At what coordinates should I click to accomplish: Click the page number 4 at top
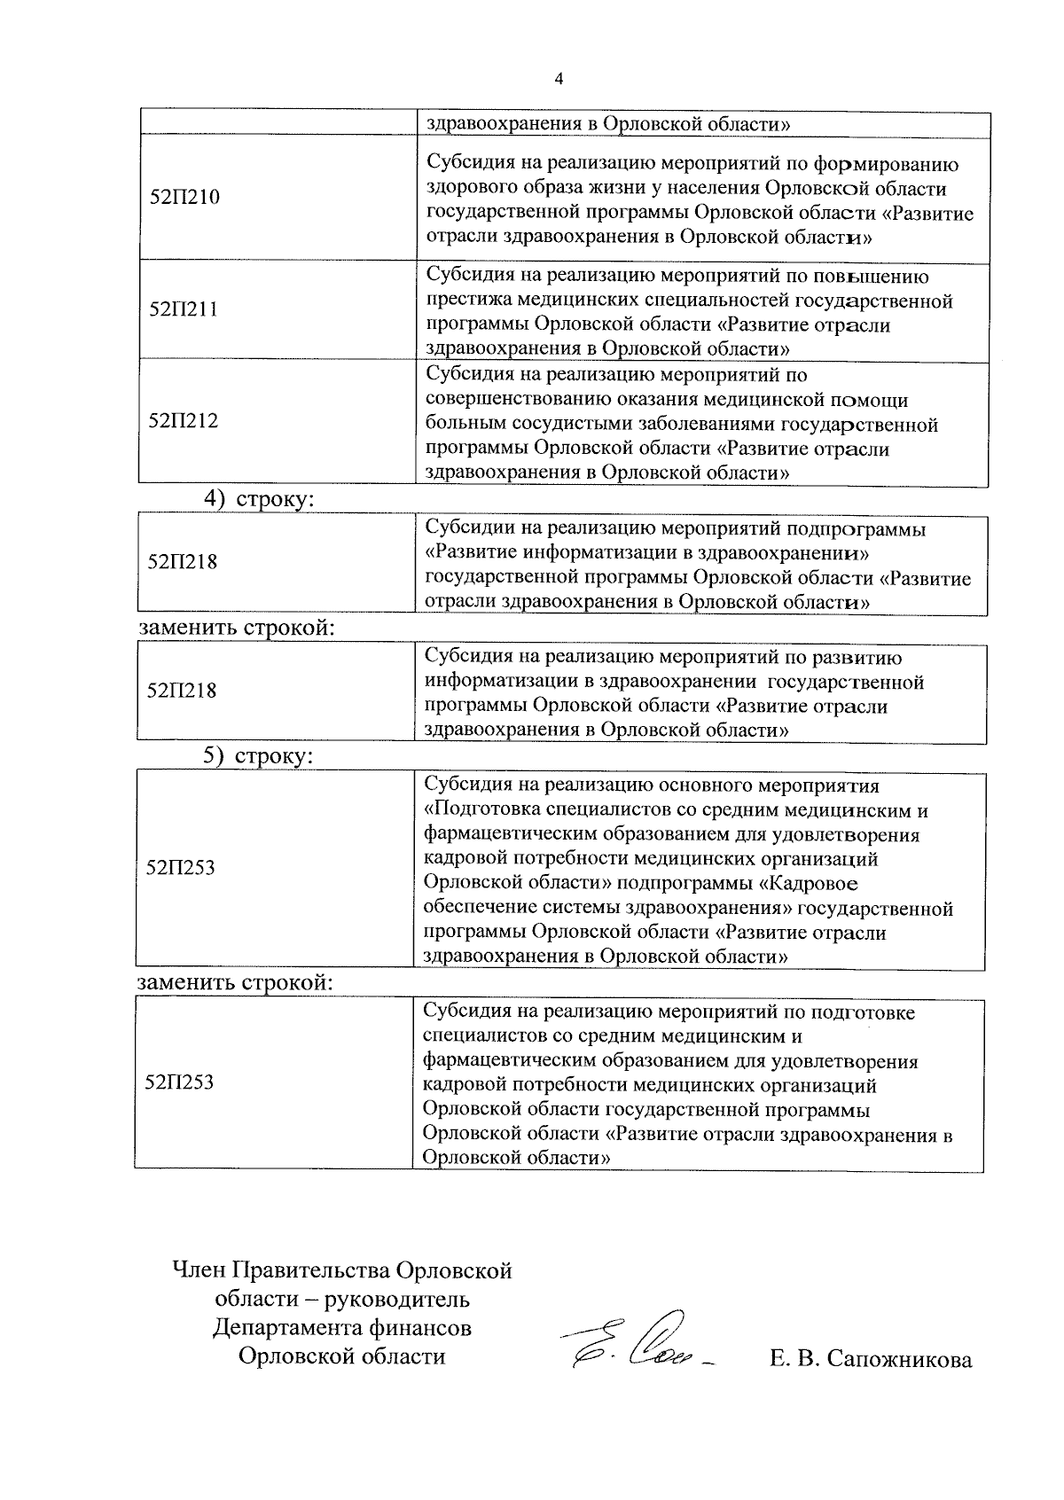point(558,79)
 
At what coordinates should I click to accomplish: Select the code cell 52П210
point(184,197)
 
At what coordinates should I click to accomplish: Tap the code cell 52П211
point(184,309)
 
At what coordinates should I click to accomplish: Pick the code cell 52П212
point(184,420)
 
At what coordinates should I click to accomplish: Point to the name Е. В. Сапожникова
point(871,1359)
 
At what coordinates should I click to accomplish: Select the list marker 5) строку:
point(258,756)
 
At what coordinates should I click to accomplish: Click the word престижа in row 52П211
point(468,301)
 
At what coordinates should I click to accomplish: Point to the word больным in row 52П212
point(464,425)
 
